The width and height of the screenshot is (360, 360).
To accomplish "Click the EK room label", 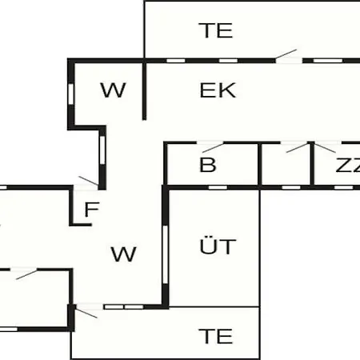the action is coord(218,90).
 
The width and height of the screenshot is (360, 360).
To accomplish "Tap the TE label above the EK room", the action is coord(216,30).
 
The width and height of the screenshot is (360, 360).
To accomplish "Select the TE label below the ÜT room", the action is coord(216,336).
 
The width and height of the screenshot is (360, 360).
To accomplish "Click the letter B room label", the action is coord(208,165).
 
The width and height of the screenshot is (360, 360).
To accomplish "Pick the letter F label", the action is coord(92,210).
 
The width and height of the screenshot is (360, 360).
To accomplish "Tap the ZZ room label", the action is coord(348,165).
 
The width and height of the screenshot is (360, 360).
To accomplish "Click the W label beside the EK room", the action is coord(113,90).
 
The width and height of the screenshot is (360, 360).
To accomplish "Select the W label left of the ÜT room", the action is coord(123,254).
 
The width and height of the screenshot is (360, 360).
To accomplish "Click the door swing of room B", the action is coord(213,148).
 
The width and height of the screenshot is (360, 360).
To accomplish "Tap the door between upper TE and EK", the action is coord(286,54).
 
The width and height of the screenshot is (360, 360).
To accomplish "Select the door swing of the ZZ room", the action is coord(325,148).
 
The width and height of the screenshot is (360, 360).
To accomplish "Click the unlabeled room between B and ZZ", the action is coord(286,166).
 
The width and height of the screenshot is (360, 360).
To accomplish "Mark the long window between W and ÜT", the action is coord(166,254).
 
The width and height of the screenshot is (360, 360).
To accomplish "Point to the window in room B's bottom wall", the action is coord(218,187).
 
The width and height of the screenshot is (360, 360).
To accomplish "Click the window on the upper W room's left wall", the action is coord(70,94).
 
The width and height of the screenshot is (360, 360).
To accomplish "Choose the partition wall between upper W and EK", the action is coord(144,90).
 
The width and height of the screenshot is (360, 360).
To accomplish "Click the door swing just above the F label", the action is coord(89,181).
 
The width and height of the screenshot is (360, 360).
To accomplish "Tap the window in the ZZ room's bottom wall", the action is coord(343,187).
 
